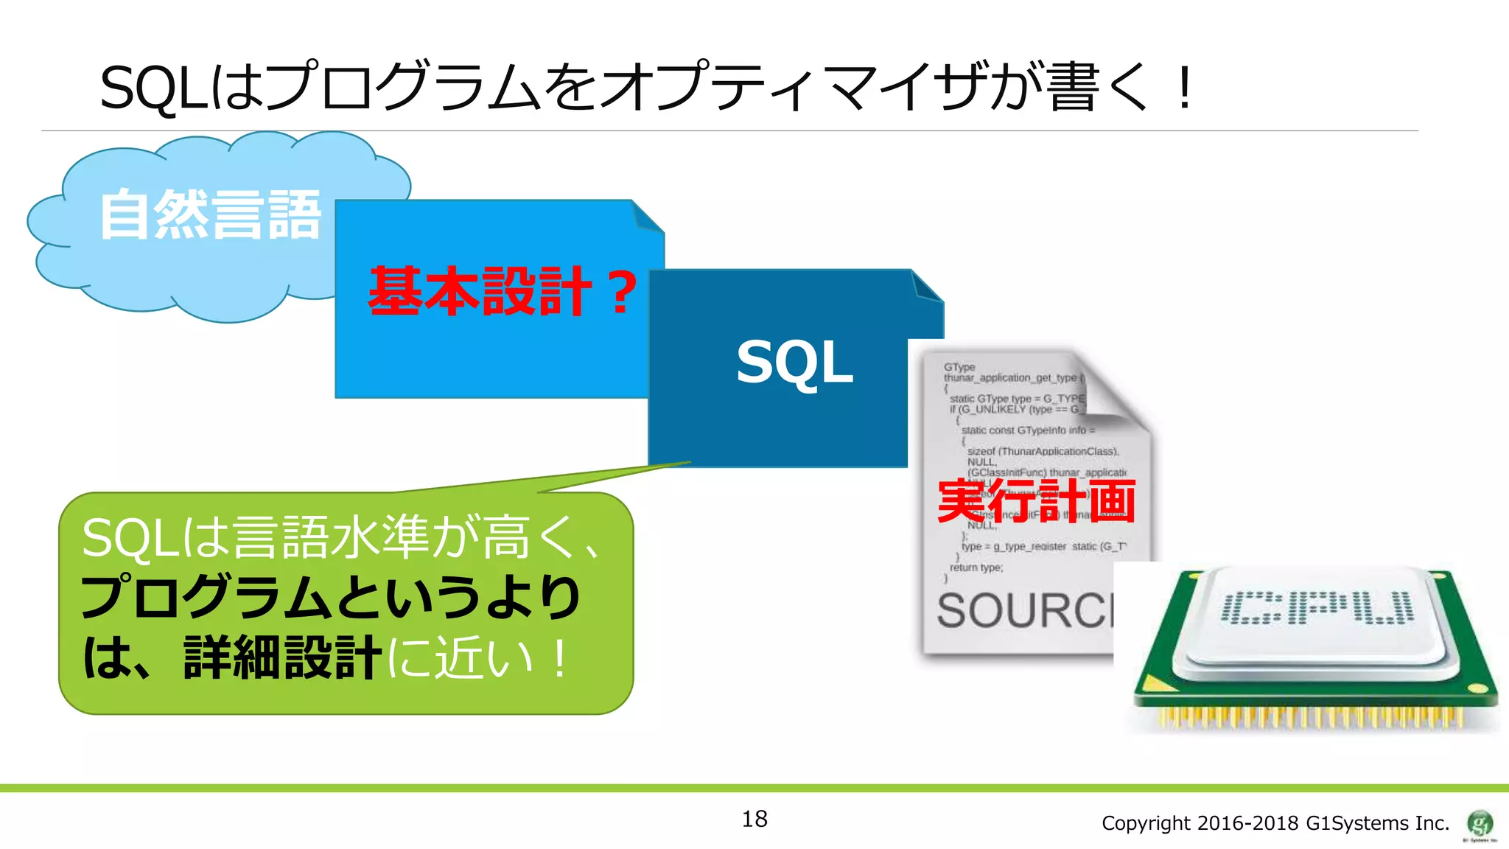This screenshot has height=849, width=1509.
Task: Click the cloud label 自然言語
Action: point(211,214)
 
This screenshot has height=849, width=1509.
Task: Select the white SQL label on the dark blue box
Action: point(794,362)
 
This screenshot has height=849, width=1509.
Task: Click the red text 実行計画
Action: point(1036,501)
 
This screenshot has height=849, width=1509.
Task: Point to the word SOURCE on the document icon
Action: point(1024,611)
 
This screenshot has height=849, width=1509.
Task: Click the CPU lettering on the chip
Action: point(1317,608)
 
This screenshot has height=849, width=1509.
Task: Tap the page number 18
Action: point(754,819)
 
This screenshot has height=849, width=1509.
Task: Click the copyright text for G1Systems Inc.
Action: point(1275,823)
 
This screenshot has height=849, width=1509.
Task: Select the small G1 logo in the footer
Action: point(1480,823)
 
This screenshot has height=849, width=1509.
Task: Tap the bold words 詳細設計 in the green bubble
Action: point(282,657)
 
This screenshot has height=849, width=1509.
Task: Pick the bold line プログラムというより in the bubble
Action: point(330,597)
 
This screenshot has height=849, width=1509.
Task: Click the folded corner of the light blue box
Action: point(648,217)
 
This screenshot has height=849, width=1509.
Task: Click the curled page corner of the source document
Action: point(1113,391)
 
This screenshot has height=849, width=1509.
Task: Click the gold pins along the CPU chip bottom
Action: point(1312,717)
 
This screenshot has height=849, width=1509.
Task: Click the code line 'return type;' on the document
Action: point(976,567)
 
